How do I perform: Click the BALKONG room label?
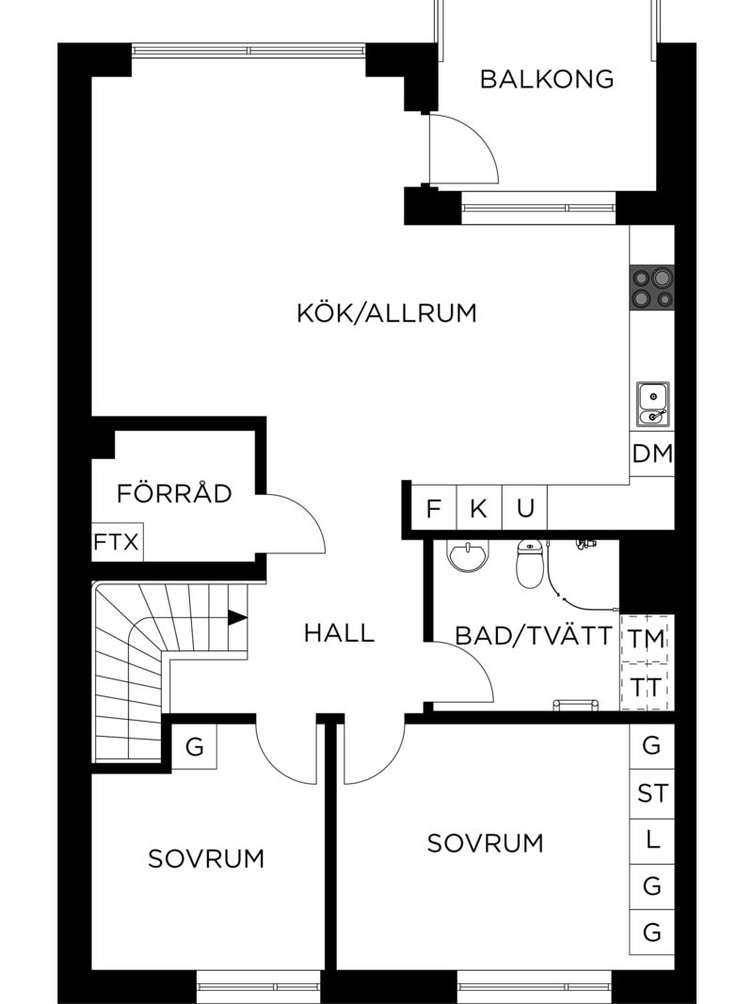[x=546, y=79]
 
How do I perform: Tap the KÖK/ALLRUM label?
[x=387, y=313]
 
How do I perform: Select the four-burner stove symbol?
[x=652, y=287]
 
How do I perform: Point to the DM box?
[x=652, y=454]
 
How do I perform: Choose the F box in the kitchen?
[x=434, y=509]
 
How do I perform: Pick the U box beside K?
[x=525, y=509]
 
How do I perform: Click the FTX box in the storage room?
[x=117, y=543]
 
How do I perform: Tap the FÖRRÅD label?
[x=174, y=493]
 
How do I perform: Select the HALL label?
[x=339, y=633]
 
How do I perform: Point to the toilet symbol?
[x=530, y=563]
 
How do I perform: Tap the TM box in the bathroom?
[x=647, y=639]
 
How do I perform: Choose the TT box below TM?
[x=647, y=686]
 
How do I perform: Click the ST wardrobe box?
[x=652, y=793]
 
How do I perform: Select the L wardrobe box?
[x=652, y=839]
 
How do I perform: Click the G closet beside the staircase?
[x=194, y=748]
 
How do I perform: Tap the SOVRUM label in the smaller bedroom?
[x=206, y=858]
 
